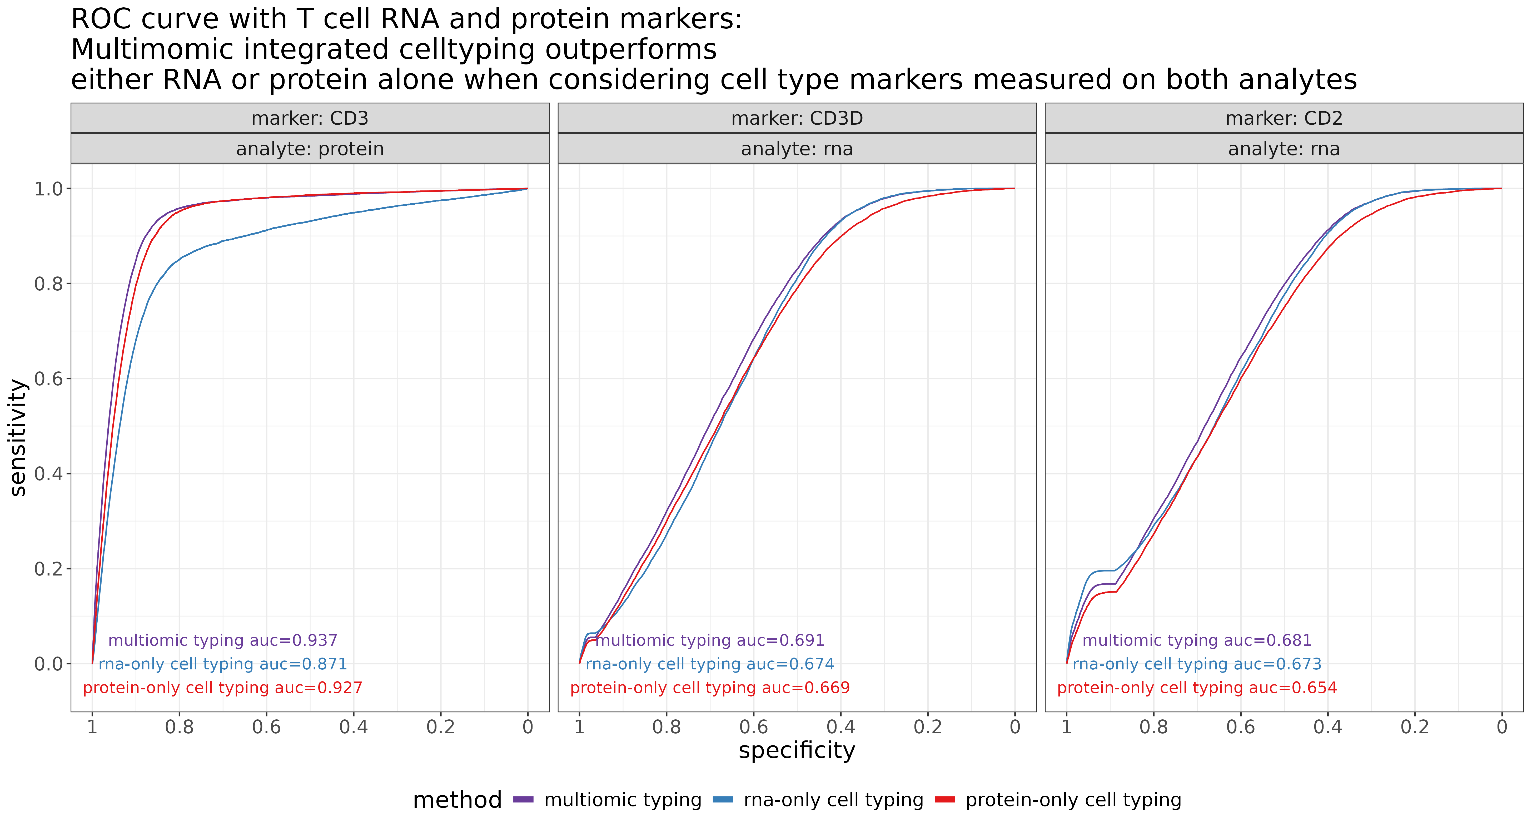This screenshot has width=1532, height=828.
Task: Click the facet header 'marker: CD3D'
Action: point(797,118)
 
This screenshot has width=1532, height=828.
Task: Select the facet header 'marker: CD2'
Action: point(1284,118)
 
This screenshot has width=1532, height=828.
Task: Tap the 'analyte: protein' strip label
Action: point(310,149)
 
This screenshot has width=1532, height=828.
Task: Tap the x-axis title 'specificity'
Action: point(797,750)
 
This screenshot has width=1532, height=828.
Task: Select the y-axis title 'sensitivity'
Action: point(18,437)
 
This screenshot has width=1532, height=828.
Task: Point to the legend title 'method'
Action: point(457,800)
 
